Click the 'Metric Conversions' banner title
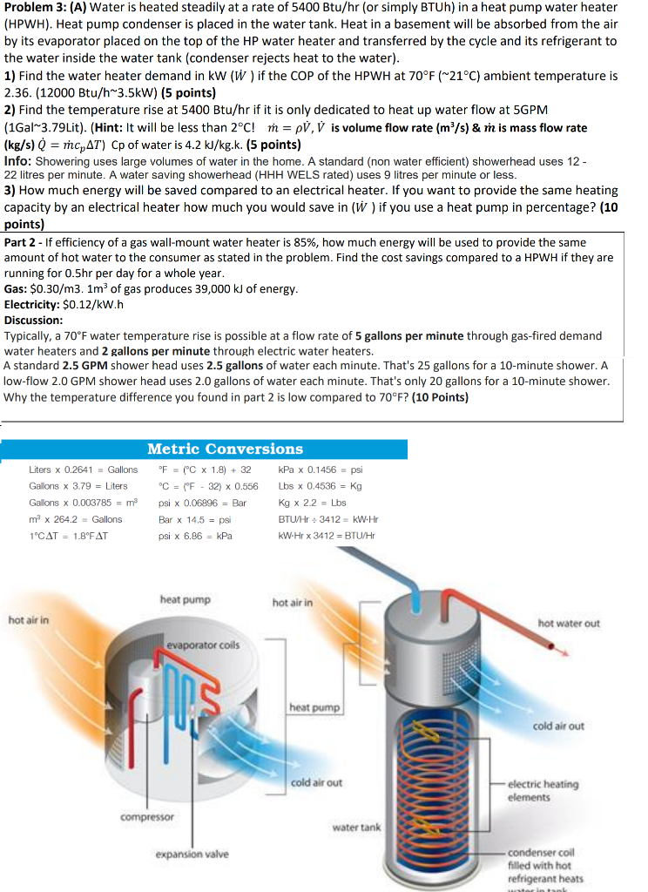pyautogui.click(x=225, y=449)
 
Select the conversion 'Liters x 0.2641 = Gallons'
pyautogui.click(x=83, y=470)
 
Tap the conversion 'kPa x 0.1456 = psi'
pyautogui.click(x=321, y=470)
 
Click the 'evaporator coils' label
pyautogui.click(x=202, y=645)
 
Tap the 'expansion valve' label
pyautogui.click(x=192, y=854)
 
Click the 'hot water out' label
pyautogui.click(x=569, y=624)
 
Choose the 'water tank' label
pyautogui.click(x=356, y=827)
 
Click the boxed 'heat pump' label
pyautogui.click(x=314, y=708)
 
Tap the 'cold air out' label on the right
pyautogui.click(x=558, y=726)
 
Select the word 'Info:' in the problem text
pyautogui.click(x=18, y=161)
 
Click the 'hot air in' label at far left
pyautogui.click(x=29, y=619)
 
